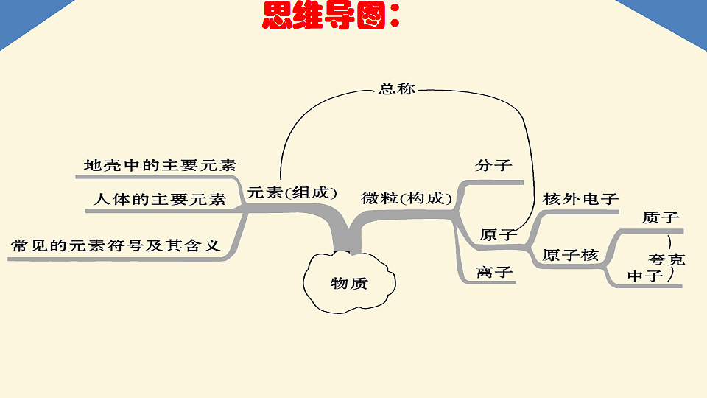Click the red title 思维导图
coord(324,15)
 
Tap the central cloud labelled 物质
coord(349,282)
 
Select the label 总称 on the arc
coord(397,88)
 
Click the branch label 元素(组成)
coord(292,192)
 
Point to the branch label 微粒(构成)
coord(407,198)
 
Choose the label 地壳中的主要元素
coord(160,165)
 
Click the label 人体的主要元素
coord(160,199)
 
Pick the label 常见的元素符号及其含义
coord(116,245)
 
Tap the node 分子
coord(493,165)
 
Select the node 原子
coord(498,234)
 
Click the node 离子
coord(494,272)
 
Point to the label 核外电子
coord(580,199)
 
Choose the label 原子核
coord(570,256)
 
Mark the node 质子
coord(661,217)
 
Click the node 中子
coord(645,276)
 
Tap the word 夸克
coord(667,259)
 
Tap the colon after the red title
coord(395,15)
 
